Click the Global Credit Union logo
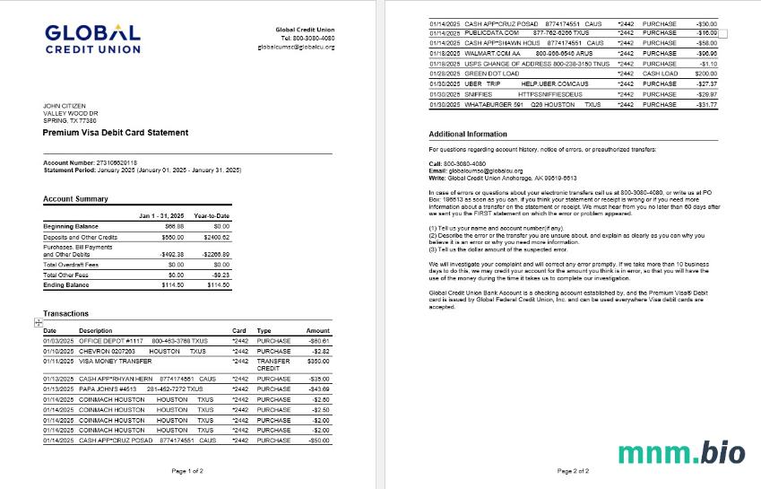[92, 38]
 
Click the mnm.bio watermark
[681, 452]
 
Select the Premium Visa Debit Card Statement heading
[116, 133]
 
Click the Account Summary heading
[75, 199]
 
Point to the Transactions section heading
[66, 314]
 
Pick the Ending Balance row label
[66, 284]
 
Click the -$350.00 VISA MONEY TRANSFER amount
[318, 361]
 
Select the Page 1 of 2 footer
[187, 470]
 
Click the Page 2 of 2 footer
[573, 470]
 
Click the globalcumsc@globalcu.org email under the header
[296, 46]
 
